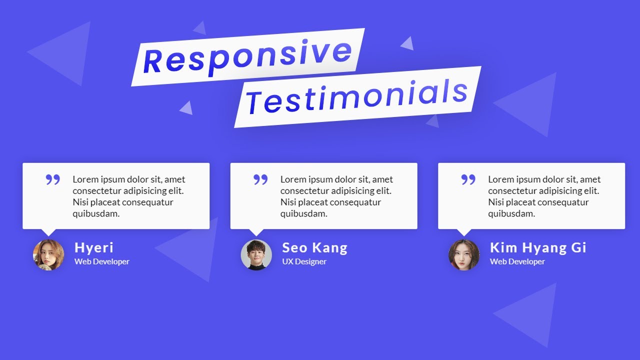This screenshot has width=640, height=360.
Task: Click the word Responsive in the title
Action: coord(247,56)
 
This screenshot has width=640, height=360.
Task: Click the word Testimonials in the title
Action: coord(357,96)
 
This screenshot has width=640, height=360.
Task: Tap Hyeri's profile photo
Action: coord(48,254)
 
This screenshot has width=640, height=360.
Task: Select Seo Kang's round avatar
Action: coord(256,254)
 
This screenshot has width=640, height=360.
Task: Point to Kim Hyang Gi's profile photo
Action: coord(464,254)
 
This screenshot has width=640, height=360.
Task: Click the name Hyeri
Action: coord(94,247)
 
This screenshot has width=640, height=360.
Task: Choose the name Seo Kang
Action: coord(314,247)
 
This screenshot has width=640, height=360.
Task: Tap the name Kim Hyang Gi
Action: coord(538,247)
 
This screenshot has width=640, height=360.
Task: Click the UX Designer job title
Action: coord(304,261)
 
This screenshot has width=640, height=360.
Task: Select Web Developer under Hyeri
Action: coord(102,261)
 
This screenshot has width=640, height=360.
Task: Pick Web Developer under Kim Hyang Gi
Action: coord(517,261)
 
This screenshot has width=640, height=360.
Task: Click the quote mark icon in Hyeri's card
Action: coord(52,179)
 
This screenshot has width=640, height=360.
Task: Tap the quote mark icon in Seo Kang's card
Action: coord(260,179)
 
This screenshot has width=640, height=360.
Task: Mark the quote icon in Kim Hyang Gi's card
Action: coord(468,179)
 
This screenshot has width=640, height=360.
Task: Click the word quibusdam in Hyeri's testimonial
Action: coord(96,214)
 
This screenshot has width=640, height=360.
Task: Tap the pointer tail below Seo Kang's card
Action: coord(256,232)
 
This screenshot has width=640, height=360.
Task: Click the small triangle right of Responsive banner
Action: coord(408,44)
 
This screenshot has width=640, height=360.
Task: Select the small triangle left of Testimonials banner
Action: coord(187,108)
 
